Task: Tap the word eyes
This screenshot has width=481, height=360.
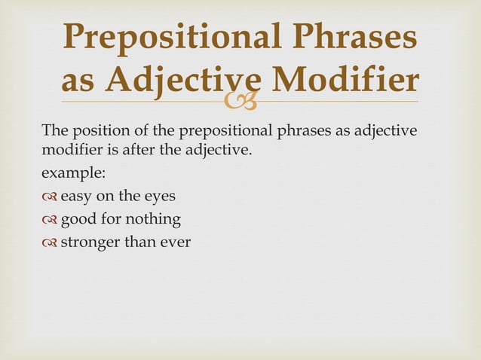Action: [x=159, y=197]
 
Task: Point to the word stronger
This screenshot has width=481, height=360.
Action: [x=90, y=243]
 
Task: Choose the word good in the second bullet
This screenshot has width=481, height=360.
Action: [x=77, y=221]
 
